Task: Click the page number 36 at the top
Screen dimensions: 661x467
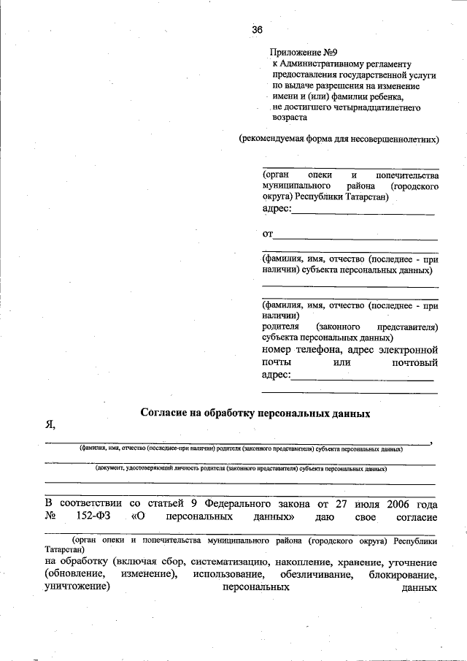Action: pyautogui.click(x=257, y=30)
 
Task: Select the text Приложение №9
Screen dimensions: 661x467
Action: pyautogui.click(x=302, y=53)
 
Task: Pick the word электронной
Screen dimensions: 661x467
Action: pyautogui.click(x=410, y=350)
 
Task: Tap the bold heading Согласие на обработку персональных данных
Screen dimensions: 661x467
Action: pyautogui.click(x=255, y=413)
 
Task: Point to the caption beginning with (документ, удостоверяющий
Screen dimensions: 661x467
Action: pyautogui.click(x=241, y=470)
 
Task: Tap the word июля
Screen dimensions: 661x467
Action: pyautogui.click(x=352, y=504)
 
